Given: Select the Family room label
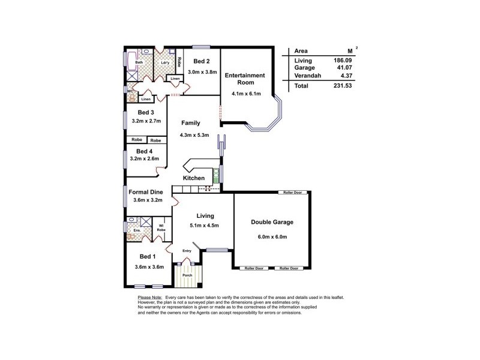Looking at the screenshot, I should click(191, 123).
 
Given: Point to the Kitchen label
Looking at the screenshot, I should click(194, 178).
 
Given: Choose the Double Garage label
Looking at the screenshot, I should click(272, 222).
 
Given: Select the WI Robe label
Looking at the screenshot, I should click(161, 227).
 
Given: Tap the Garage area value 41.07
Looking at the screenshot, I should click(341, 68).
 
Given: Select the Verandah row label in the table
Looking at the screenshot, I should click(307, 75).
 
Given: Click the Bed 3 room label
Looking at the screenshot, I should click(146, 112).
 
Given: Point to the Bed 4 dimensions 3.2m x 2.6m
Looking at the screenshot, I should click(146, 159).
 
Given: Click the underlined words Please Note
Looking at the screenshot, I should click(150, 298).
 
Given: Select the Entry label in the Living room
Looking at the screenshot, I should click(187, 251).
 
